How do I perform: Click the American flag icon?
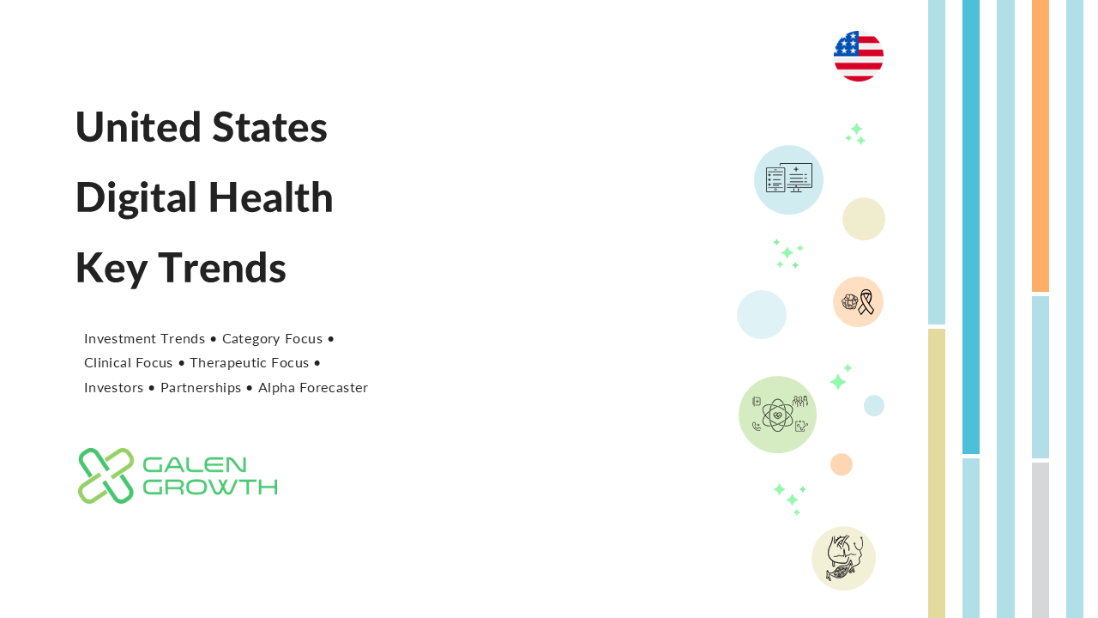click(x=859, y=57)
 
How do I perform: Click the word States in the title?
click(x=269, y=127)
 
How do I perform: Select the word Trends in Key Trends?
click(x=222, y=268)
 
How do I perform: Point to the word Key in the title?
click(x=112, y=269)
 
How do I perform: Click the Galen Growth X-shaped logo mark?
click(x=106, y=476)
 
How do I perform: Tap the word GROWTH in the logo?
click(x=210, y=487)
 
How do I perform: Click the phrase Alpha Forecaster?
click(x=313, y=387)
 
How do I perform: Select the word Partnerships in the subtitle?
click(x=201, y=388)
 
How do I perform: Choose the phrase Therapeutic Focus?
click(x=249, y=363)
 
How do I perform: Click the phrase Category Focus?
click(x=272, y=339)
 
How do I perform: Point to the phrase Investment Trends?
click(x=144, y=338)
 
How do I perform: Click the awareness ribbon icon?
click(x=866, y=301)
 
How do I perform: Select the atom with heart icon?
click(x=777, y=415)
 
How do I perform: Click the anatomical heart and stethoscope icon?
click(x=843, y=558)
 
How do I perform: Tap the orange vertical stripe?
click(x=1041, y=146)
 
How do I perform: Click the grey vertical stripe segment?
click(x=1041, y=541)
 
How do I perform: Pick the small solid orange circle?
click(x=842, y=464)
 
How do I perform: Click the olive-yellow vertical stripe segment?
click(x=936, y=473)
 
